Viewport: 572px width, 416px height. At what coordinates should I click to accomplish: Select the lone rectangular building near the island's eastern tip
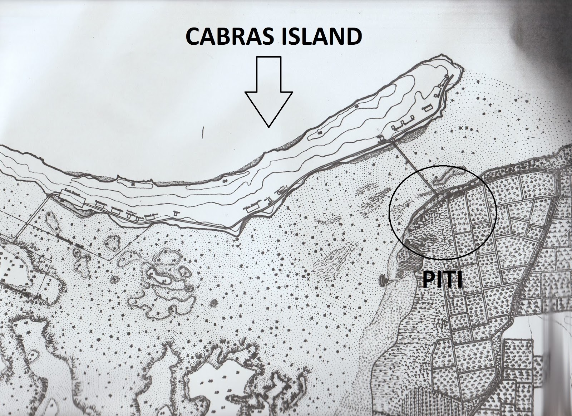coord(427,108)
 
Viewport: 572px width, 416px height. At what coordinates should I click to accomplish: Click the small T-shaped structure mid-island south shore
coord(175,213)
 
